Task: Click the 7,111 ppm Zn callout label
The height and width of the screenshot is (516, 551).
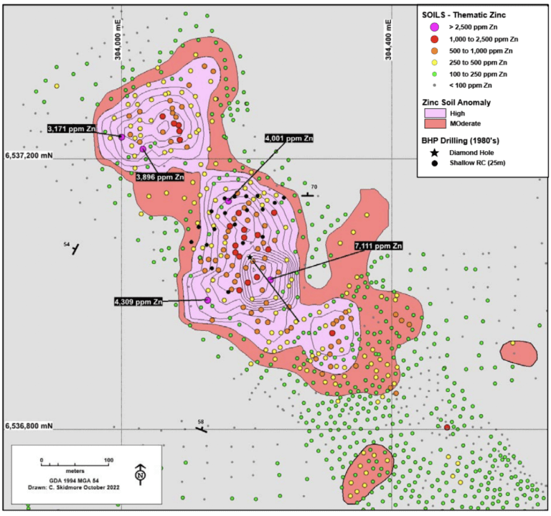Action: click(x=378, y=246)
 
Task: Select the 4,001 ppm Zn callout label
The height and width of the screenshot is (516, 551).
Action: click(x=289, y=138)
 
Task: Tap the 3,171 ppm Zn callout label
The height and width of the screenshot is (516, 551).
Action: click(x=72, y=128)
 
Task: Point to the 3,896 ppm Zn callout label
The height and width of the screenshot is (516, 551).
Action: click(x=160, y=176)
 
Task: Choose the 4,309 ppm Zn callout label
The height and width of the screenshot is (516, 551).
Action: click(x=138, y=301)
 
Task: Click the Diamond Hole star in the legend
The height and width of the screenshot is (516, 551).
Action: click(x=435, y=153)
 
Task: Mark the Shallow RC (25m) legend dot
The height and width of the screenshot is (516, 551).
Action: click(x=435, y=165)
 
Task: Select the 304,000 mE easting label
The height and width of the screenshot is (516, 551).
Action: click(x=118, y=43)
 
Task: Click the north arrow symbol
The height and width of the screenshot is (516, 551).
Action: click(x=141, y=473)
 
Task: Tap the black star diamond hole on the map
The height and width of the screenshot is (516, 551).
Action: click(x=250, y=257)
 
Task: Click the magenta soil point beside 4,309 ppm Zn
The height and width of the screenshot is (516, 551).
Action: click(x=207, y=299)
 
